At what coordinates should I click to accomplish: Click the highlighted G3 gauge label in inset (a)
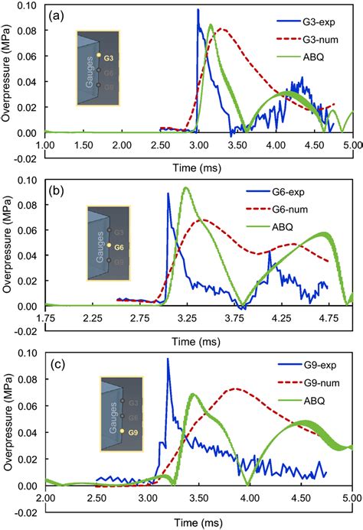coord(109,57)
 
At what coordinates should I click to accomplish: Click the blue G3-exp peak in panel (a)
coord(198,10)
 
